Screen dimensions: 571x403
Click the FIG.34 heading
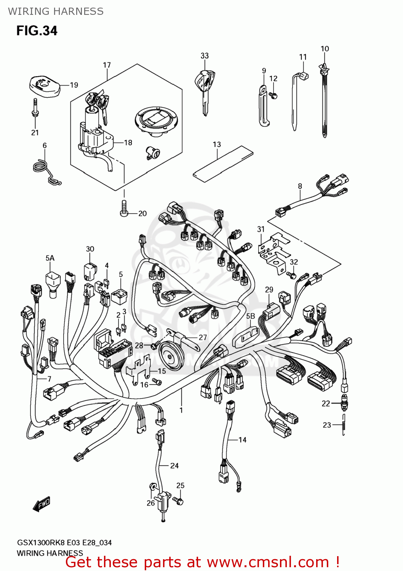[x=37, y=30]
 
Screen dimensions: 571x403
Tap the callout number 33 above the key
[x=205, y=56]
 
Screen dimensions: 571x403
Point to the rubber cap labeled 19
[x=45, y=86]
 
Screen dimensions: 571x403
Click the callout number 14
[x=242, y=440]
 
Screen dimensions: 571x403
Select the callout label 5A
[x=50, y=258]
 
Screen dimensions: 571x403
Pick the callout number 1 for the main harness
[x=181, y=410]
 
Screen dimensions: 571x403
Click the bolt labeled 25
[x=179, y=499]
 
